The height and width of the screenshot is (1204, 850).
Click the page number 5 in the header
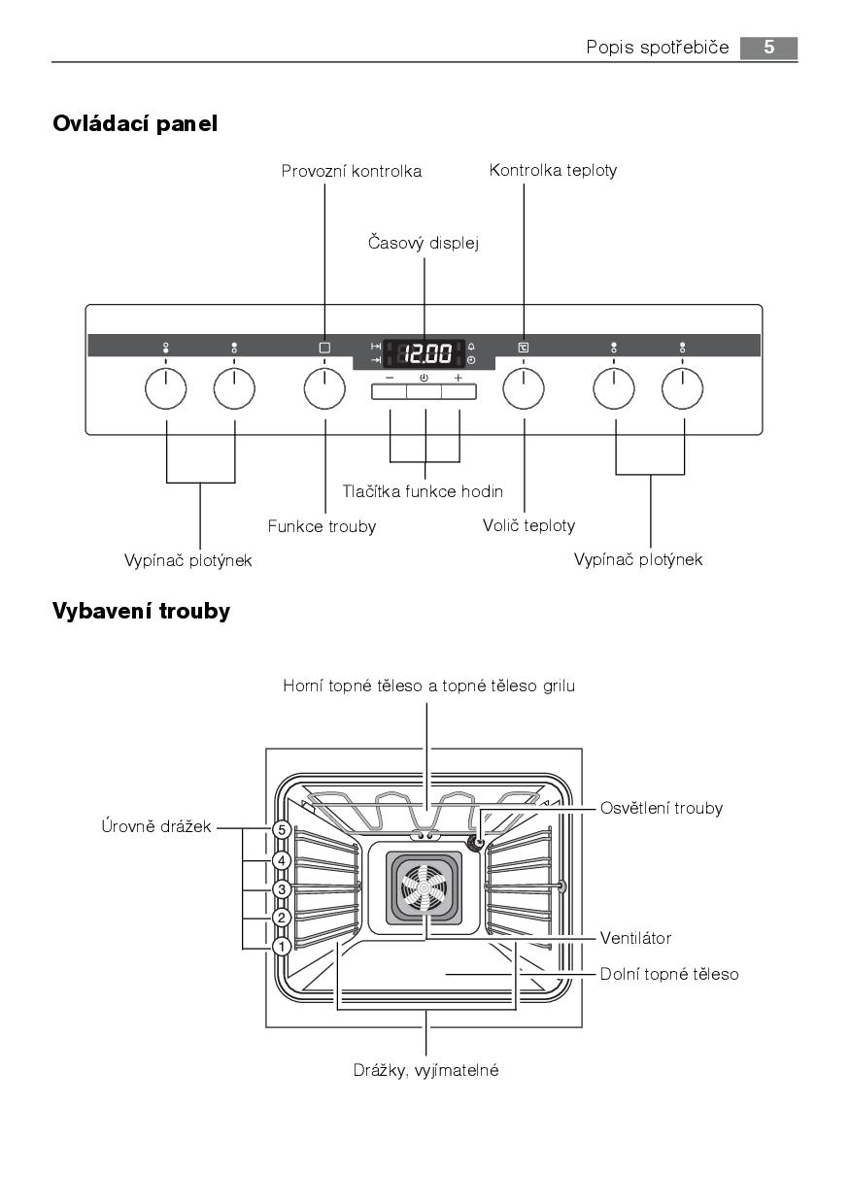coord(768,48)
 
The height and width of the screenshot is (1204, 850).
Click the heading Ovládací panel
coord(135,123)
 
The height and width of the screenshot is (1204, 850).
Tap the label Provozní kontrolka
coord(352,171)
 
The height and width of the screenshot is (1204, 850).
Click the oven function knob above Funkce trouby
coord(324,389)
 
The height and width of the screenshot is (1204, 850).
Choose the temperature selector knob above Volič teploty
coord(524,389)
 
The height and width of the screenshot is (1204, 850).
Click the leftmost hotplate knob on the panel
coord(165,389)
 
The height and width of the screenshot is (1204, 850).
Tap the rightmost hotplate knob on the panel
coord(682,389)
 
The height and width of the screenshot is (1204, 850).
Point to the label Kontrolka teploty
coord(553,170)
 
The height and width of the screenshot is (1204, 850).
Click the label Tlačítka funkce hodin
coord(423,492)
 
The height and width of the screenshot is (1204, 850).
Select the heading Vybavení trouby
coord(141,611)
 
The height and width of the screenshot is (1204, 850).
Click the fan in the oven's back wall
coord(425,887)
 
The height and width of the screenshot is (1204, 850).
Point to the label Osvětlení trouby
coord(661,808)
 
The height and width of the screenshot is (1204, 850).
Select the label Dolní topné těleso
coord(669,973)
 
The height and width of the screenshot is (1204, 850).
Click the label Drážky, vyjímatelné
coord(425,1071)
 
